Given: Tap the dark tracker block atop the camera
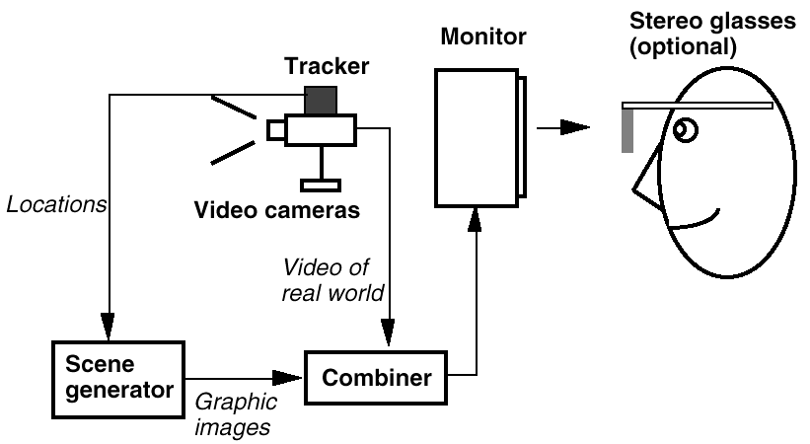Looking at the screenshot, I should click(x=320, y=101).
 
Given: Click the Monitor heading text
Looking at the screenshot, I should click(x=483, y=38).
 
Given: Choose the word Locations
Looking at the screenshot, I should click(x=56, y=205).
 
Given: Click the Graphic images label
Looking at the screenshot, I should click(x=234, y=413).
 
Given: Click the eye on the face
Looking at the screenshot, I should click(x=683, y=129).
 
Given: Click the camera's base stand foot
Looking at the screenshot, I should click(x=321, y=183).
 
